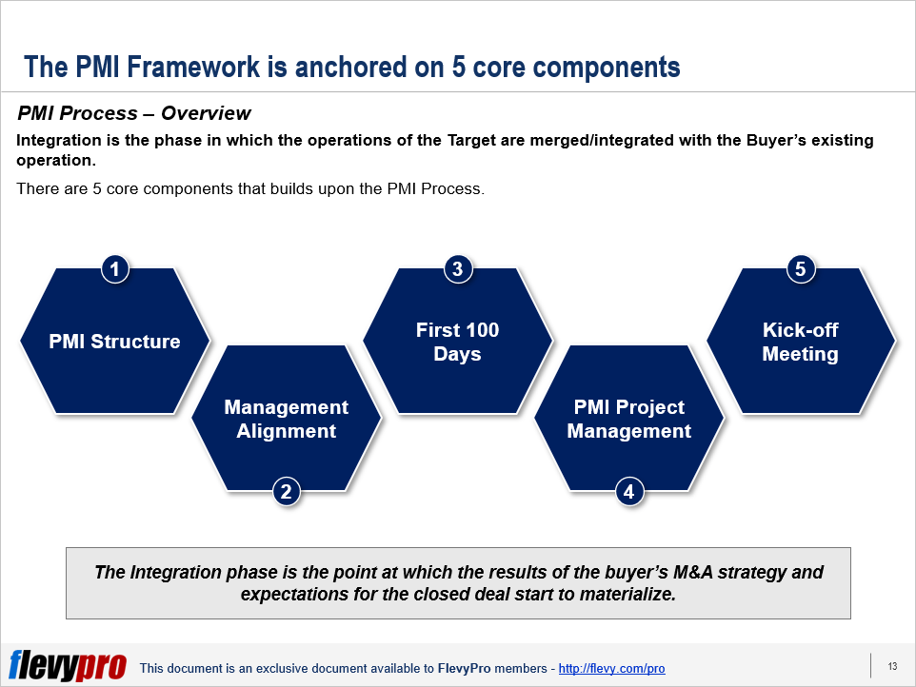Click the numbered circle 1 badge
tap(115, 269)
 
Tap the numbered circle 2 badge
tap(287, 492)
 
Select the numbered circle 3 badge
tap(458, 269)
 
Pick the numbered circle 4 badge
tap(629, 492)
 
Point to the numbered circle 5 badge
tap(801, 269)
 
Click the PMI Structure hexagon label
tap(114, 342)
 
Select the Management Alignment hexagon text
tap(287, 419)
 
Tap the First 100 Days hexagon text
tap(457, 342)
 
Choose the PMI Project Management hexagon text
tap(629, 419)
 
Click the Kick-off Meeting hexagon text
tap(801, 342)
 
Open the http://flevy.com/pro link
tap(611, 668)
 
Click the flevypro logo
tap(68, 665)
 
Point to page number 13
tap(892, 666)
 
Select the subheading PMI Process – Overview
tap(133, 113)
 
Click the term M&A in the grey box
tap(693, 572)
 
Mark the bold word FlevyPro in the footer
tap(465, 668)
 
